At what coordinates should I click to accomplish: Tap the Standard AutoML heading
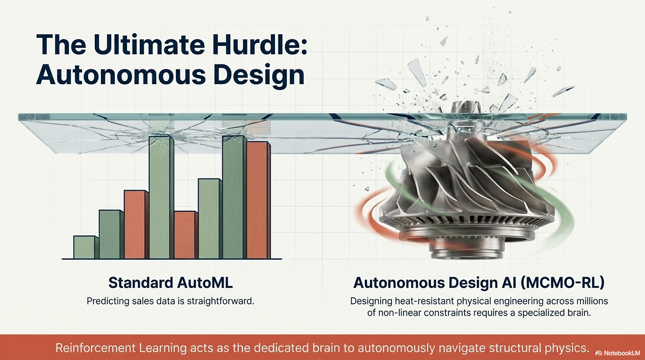(x=170, y=282)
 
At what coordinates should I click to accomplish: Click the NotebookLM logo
(x=617, y=353)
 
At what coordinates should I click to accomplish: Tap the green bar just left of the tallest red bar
(x=233, y=197)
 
